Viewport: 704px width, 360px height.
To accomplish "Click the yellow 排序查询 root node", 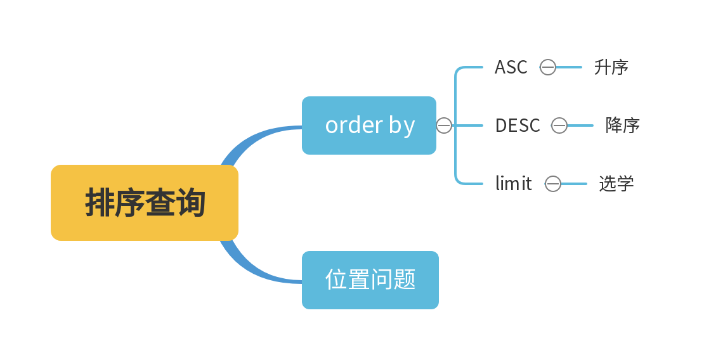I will (145, 203).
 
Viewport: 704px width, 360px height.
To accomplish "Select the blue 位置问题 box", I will (370, 280).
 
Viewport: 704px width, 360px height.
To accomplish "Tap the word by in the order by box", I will (401, 126).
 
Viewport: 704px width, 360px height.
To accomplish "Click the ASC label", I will (511, 67).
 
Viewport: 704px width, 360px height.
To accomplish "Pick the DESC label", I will (517, 125).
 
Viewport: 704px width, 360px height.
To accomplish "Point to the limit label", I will (513, 184).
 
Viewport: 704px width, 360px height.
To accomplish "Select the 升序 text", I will (611, 67).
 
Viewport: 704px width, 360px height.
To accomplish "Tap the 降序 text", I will (622, 125).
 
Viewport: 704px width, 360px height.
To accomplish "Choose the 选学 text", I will (616, 184).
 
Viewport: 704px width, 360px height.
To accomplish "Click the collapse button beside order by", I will (444, 125).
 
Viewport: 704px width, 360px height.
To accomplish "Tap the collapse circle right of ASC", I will (548, 67).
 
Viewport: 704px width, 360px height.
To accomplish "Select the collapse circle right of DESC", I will (559, 125).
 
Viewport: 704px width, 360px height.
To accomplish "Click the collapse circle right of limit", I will (553, 184).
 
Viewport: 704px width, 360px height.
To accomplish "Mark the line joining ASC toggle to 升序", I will (569, 67).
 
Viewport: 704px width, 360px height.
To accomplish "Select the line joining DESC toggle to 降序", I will (580, 125).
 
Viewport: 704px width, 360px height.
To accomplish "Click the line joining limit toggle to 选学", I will (574, 184).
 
